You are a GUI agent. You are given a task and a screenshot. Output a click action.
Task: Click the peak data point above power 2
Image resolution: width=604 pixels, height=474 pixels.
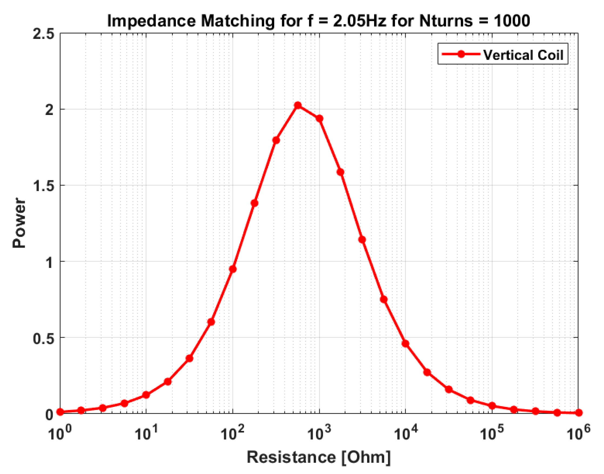(x=298, y=105)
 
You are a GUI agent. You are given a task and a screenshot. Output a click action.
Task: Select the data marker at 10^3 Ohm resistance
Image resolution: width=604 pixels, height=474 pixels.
(x=319, y=119)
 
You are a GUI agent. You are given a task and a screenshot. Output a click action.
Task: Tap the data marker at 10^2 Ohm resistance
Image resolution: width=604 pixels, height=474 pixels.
(x=233, y=269)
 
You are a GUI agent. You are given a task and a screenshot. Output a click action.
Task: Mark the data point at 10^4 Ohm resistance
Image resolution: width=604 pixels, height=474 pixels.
(x=405, y=344)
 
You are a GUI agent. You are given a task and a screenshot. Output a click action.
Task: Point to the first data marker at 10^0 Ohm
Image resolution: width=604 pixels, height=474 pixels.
(x=60, y=412)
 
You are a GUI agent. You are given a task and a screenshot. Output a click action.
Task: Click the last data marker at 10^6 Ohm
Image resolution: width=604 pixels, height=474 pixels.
(x=579, y=413)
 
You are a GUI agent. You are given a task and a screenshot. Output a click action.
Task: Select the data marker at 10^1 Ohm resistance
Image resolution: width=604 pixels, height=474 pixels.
(x=146, y=395)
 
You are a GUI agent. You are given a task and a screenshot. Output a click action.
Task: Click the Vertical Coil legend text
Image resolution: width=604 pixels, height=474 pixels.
(x=523, y=55)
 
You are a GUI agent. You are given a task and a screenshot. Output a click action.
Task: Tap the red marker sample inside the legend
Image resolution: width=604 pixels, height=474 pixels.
(x=461, y=54)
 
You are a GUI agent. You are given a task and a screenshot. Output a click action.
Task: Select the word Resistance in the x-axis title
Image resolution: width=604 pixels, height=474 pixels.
(x=291, y=457)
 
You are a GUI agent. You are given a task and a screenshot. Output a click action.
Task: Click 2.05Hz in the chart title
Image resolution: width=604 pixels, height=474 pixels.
(x=359, y=21)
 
